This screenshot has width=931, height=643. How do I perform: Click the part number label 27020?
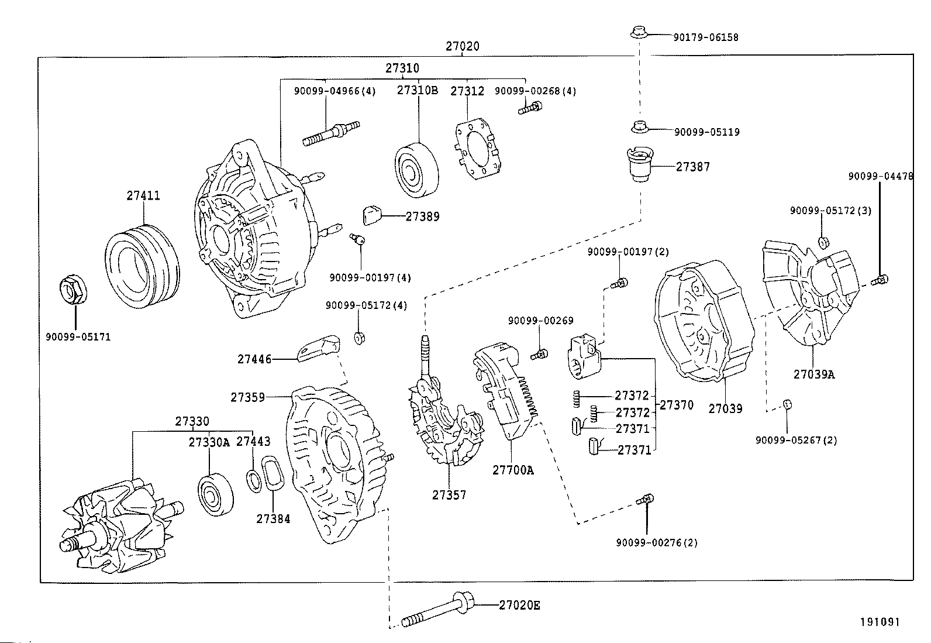462,46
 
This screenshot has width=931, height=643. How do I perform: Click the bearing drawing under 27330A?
216,494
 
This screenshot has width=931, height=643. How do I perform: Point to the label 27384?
273,518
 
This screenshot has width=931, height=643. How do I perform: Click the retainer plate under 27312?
479,149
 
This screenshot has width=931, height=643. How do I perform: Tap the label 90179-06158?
706,37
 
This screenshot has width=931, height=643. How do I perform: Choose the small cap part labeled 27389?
372,215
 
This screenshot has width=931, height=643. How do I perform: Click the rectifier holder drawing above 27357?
444,421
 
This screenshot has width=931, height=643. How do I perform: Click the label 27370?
676,405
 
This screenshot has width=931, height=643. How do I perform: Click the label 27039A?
813,374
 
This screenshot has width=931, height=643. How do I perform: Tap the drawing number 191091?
879,622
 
